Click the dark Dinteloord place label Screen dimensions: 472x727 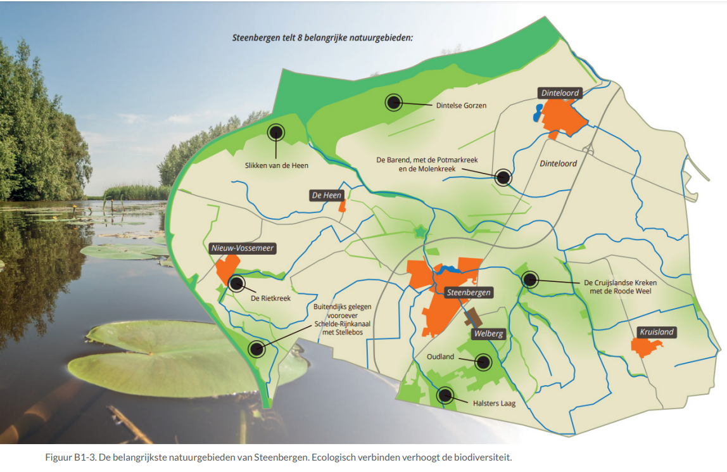560,93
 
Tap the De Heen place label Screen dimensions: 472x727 327,195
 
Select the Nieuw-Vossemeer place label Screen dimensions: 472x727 243,248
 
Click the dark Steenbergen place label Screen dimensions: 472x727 469,292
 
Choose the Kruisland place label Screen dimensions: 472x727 657,332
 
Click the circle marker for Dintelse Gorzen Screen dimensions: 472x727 394,101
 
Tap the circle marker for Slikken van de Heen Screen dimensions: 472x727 276,132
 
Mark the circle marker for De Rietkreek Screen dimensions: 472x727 237,283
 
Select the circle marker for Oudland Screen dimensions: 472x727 483,362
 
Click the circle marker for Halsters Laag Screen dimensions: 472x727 445,395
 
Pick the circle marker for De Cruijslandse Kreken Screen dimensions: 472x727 529,279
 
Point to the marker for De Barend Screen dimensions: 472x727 503,177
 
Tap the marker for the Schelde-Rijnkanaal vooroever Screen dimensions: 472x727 256,348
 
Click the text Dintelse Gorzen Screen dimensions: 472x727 461,106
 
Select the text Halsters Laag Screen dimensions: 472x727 495,402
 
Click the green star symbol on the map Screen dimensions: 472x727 419,232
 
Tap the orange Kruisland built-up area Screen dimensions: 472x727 646,347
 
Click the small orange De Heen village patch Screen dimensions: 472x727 343,206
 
